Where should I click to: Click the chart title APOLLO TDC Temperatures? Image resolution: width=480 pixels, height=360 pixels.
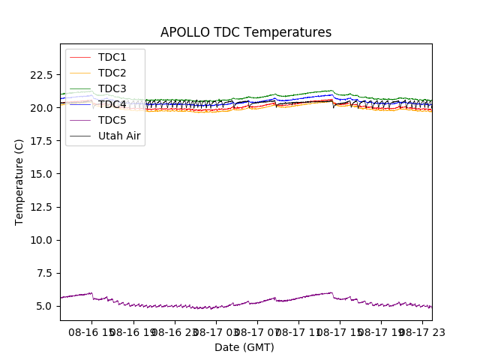pyautogui.click(x=245, y=32)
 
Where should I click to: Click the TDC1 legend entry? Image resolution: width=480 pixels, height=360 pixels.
pyautogui.click(x=112, y=57)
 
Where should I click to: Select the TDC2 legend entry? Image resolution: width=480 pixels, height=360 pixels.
pyautogui.click(x=112, y=73)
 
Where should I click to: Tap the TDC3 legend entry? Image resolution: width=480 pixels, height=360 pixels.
pyautogui.click(x=112, y=88)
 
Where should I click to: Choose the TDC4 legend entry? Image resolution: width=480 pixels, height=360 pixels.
pyautogui.click(x=112, y=104)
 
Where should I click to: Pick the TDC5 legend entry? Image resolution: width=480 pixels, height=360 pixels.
pyautogui.click(x=112, y=120)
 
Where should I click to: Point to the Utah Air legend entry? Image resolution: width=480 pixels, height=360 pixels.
pyautogui.click(x=119, y=136)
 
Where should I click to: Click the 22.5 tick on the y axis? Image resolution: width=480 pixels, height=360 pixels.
pyautogui.click(x=41, y=75)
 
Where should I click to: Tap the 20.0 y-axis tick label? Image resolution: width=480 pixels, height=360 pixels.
pyautogui.click(x=41, y=108)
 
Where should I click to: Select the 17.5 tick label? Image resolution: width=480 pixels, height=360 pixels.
pyautogui.click(x=41, y=141)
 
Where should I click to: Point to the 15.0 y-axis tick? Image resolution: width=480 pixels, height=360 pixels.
pyautogui.click(x=41, y=174)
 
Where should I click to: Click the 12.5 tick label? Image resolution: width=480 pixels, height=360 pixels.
pyautogui.click(x=41, y=207)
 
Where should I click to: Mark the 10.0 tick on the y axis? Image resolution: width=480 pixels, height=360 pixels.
pyautogui.click(x=41, y=240)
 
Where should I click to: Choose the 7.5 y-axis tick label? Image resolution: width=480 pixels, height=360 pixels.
pyautogui.click(x=44, y=273)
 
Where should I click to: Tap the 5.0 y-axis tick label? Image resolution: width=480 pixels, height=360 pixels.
pyautogui.click(x=44, y=306)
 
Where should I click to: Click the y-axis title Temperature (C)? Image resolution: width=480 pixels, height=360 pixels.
pyautogui.click(x=19, y=182)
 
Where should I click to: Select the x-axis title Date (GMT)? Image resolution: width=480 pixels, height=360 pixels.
pyautogui.click(x=244, y=347)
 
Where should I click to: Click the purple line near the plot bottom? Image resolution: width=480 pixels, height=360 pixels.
pyautogui.click(x=225, y=307)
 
